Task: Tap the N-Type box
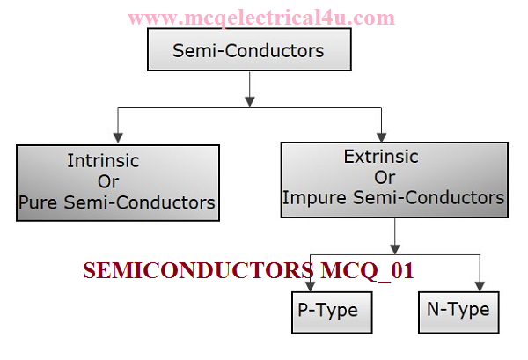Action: [x=457, y=310]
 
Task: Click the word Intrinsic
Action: [x=103, y=161]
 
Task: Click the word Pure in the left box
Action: [x=38, y=202]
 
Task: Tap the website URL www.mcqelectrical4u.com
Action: [x=260, y=18]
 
